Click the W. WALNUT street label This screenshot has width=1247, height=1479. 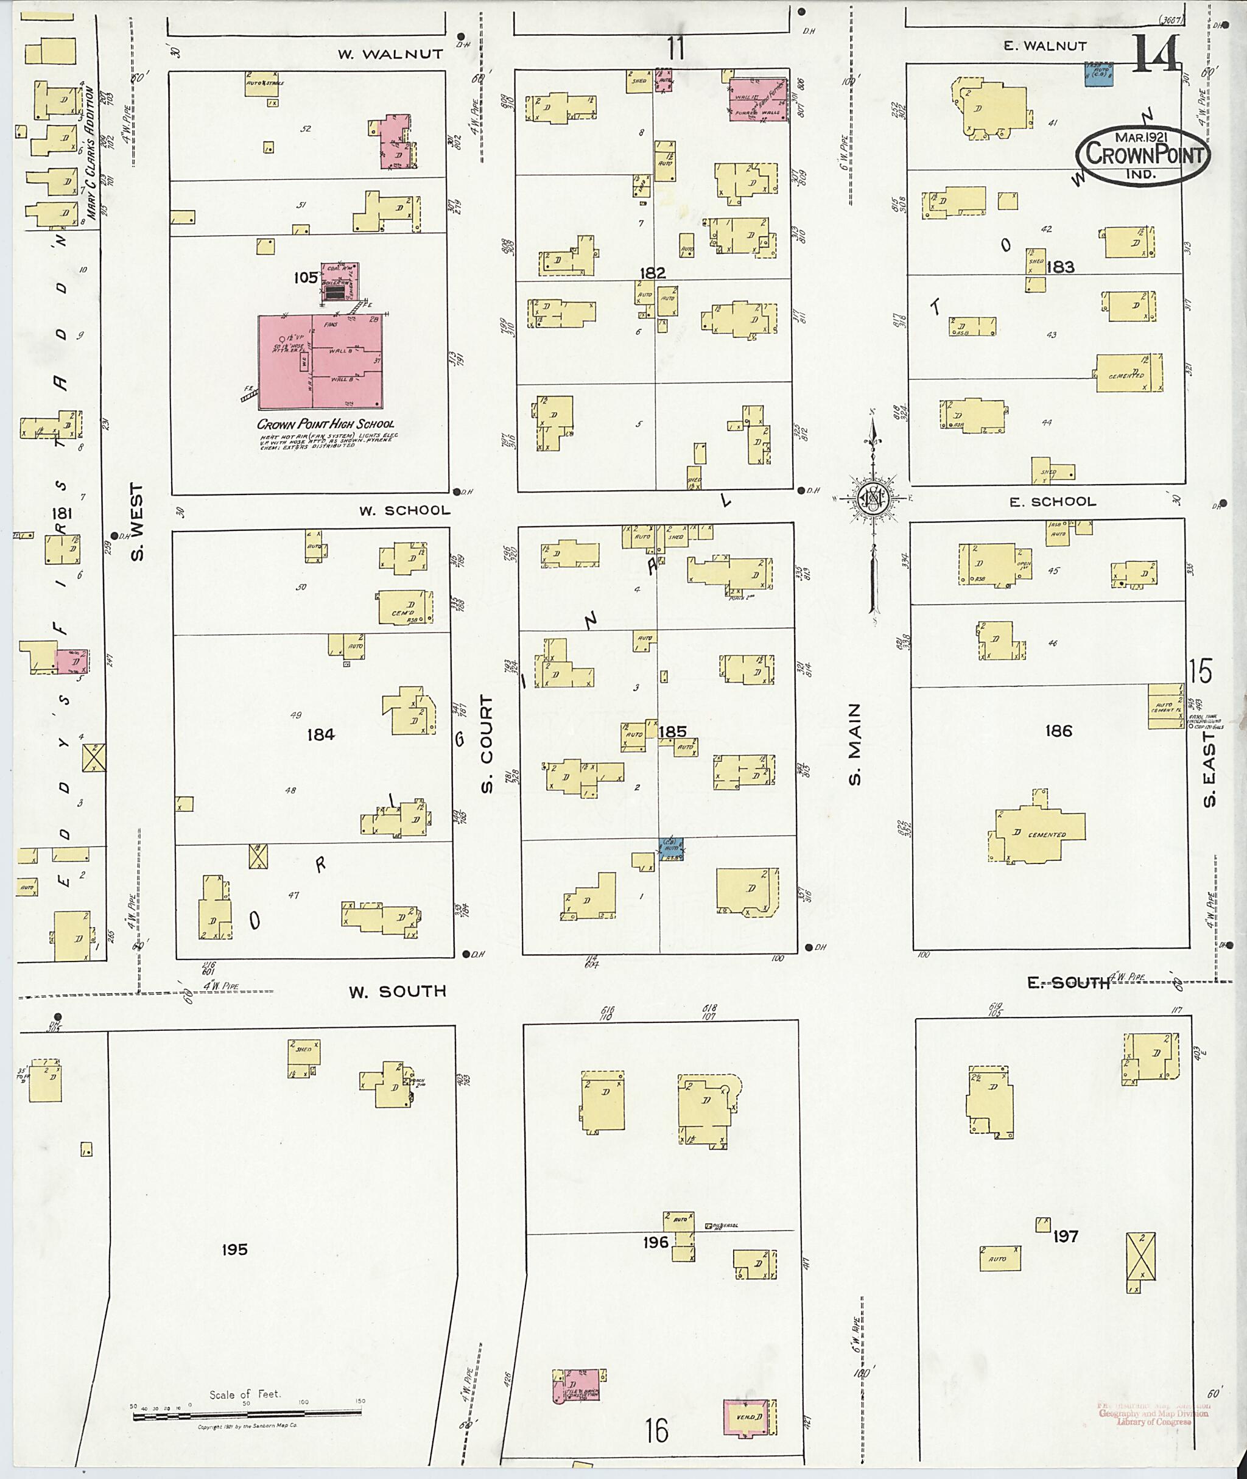(390, 54)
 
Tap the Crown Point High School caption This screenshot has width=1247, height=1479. (325, 424)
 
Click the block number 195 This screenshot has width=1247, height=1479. (234, 1250)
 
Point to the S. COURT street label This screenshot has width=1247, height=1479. (487, 743)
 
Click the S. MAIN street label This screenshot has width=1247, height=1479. (855, 743)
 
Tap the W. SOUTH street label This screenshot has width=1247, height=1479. (397, 992)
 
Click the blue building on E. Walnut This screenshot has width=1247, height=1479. (1099, 74)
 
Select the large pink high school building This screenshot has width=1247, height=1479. (320, 361)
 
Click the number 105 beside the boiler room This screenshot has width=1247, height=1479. (306, 278)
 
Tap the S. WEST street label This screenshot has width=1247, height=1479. (137, 521)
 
